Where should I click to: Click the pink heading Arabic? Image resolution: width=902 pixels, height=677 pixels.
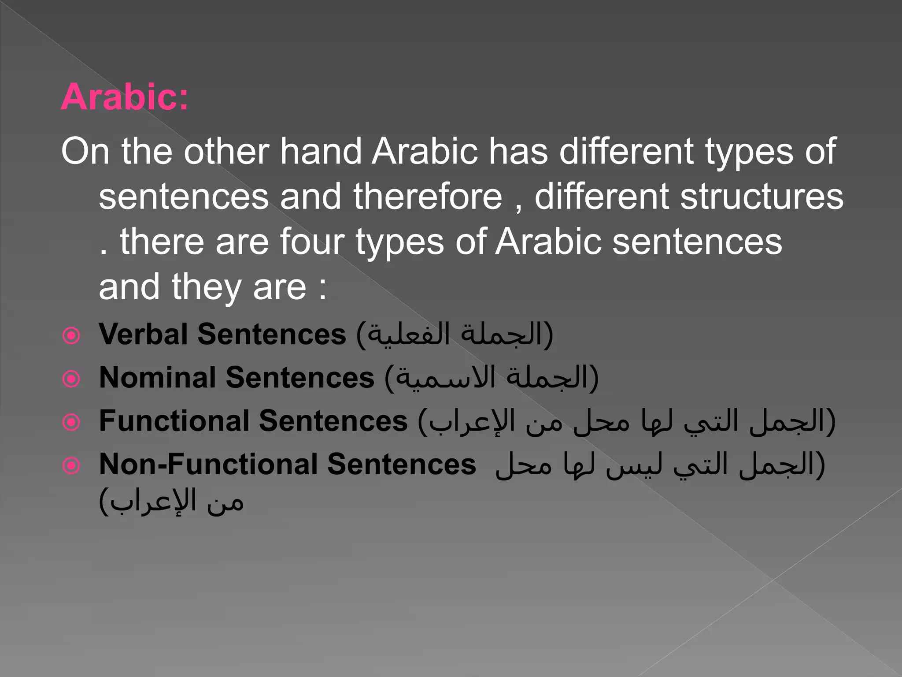(x=125, y=97)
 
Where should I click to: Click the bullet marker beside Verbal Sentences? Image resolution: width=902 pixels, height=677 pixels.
(x=71, y=336)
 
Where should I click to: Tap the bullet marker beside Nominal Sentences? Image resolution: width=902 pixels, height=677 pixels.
(x=71, y=379)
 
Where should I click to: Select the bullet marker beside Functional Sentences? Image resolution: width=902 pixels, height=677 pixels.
(x=71, y=422)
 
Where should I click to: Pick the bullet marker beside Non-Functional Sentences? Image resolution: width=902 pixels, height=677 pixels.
(x=71, y=465)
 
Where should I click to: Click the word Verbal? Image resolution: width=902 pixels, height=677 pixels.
(x=143, y=334)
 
